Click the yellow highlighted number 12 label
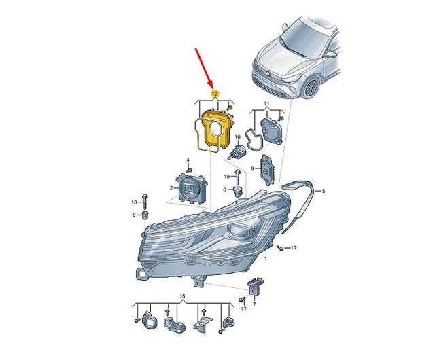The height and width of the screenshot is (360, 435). click(x=215, y=92)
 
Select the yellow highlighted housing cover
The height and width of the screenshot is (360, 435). click(x=215, y=129)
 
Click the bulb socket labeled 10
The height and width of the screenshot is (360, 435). click(x=239, y=151)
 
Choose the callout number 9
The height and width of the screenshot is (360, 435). click(x=253, y=167)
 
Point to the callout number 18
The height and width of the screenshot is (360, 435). click(x=134, y=202)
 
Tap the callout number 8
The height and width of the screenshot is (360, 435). click(x=135, y=215)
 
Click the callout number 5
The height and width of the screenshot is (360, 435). click(x=324, y=192)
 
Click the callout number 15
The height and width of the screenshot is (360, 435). click(x=181, y=298)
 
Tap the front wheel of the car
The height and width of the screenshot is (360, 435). click(x=312, y=87)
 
